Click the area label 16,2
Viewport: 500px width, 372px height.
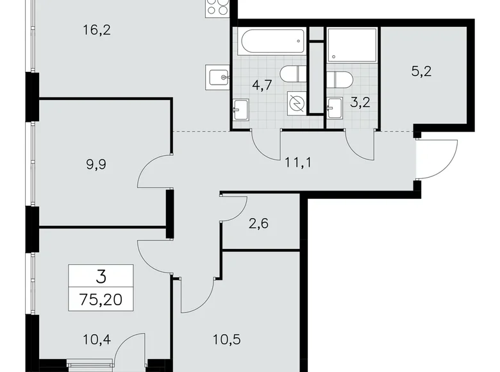(x=97, y=30)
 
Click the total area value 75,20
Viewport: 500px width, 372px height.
(x=101, y=298)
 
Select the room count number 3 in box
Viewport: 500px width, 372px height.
(x=101, y=277)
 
